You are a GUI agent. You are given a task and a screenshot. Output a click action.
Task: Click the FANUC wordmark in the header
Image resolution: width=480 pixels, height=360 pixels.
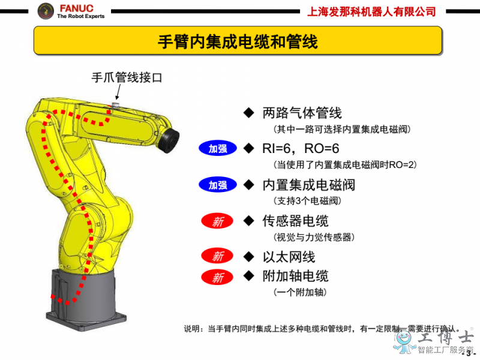coord(77,8)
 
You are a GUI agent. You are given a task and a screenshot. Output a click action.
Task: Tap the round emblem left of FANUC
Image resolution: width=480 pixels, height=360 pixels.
coord(46,11)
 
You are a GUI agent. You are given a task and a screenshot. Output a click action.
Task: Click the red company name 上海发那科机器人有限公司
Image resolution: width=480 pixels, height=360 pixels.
coord(371,11)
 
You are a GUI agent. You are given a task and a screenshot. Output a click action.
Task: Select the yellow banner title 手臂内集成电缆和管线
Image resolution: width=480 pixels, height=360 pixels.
coord(238,41)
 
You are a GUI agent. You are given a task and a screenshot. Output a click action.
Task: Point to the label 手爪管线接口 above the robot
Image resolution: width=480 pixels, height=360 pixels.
coord(127,77)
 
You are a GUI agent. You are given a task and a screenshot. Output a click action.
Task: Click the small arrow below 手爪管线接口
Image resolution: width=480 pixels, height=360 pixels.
coord(118,92)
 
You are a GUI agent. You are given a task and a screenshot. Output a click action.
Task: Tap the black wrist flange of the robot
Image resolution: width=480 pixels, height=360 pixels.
coord(169,140)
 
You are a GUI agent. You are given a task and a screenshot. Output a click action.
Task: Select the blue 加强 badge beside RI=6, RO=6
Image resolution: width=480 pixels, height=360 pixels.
coord(218,149)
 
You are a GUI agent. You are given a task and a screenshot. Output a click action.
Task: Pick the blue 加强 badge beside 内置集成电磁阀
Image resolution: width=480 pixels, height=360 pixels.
coord(218,185)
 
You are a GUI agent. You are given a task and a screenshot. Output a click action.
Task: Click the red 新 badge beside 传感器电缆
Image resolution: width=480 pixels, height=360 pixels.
coord(217,221)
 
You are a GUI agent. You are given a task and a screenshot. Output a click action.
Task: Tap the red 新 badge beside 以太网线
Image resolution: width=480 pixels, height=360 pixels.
coord(217,256)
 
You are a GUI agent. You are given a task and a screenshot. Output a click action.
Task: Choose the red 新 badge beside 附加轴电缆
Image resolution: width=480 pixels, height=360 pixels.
coord(217,277)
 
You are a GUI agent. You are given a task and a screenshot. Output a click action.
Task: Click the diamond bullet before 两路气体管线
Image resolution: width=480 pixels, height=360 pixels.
coord(249,113)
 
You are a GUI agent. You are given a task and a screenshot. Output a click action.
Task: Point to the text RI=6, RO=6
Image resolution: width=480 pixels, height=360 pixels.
coord(301,149)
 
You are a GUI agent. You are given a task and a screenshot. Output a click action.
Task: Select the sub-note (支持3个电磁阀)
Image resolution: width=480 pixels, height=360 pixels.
coord(307,201)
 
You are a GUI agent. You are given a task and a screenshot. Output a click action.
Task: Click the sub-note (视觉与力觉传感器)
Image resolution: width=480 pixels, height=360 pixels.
coord(314,237)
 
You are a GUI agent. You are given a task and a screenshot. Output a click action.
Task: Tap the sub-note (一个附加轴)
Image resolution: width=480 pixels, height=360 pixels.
coord(300,292)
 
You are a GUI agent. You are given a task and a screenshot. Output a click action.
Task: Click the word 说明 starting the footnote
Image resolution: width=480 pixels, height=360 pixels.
coord(191,329)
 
